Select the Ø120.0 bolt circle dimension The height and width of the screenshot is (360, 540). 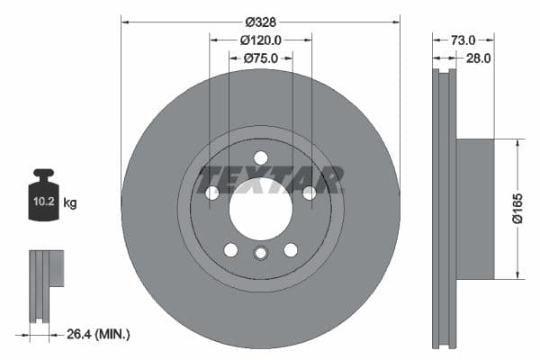261,40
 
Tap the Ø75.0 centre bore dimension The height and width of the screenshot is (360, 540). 261,58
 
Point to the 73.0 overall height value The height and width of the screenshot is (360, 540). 462,40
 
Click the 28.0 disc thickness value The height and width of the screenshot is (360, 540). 477,58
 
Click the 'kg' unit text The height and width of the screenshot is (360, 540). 70,203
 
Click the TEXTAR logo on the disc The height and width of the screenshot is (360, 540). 271,179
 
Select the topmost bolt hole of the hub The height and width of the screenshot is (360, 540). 260,157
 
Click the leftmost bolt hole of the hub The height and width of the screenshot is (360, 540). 212,193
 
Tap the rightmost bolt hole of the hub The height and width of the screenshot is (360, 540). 309,193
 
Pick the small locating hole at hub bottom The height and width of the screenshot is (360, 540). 260,253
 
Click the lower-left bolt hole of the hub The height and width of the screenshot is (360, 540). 230,249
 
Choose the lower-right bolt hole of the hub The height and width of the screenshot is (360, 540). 291,249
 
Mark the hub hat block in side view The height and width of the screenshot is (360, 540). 475,209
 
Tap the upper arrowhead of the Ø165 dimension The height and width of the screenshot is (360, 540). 518,142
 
